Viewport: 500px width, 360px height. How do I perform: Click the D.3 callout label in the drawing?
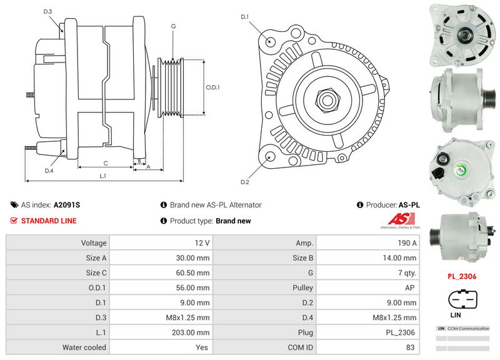(48, 12)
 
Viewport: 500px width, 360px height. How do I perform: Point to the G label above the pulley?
(172, 26)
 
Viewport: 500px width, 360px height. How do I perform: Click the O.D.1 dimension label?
(214, 87)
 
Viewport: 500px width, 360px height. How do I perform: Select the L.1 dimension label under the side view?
(102, 176)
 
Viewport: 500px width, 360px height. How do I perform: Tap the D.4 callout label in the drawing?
(49, 171)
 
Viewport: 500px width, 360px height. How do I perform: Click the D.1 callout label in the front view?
(245, 17)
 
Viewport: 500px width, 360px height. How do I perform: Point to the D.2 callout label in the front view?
(245, 182)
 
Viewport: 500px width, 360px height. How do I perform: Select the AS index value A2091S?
(67, 205)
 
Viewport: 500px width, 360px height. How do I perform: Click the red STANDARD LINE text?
(49, 221)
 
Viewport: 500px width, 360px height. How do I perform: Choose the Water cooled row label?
(84, 347)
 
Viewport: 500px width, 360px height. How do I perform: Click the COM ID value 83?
(411, 347)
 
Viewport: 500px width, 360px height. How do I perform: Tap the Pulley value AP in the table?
(411, 287)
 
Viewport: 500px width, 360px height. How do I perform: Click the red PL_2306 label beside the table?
(461, 275)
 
